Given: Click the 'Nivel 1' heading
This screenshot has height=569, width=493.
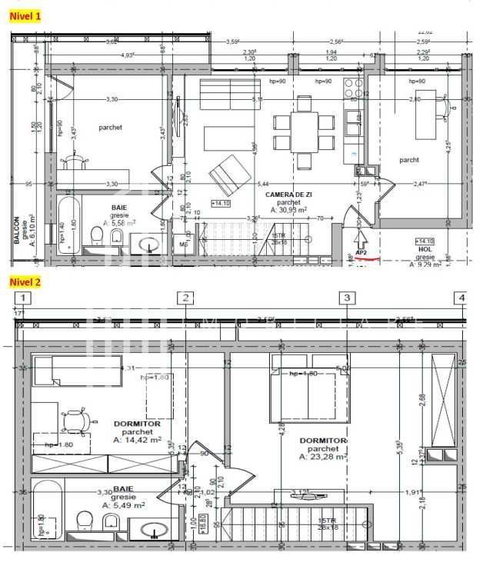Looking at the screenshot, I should tap(25, 15).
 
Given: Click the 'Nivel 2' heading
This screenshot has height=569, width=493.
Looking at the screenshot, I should tap(25, 281).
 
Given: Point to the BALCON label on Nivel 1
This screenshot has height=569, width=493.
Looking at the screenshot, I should tap(16, 230).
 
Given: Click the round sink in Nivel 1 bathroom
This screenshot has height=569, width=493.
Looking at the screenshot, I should tap(149, 245).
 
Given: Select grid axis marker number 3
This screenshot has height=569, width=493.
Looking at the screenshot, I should tap(348, 298).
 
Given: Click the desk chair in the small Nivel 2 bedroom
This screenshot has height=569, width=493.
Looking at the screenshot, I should tap(77, 420).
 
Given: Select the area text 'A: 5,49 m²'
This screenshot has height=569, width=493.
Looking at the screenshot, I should tap(124, 505).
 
